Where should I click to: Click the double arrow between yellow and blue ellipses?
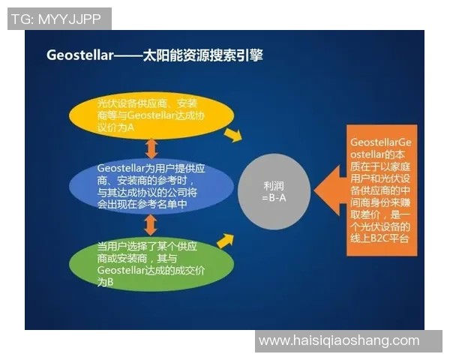coord(151,147)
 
